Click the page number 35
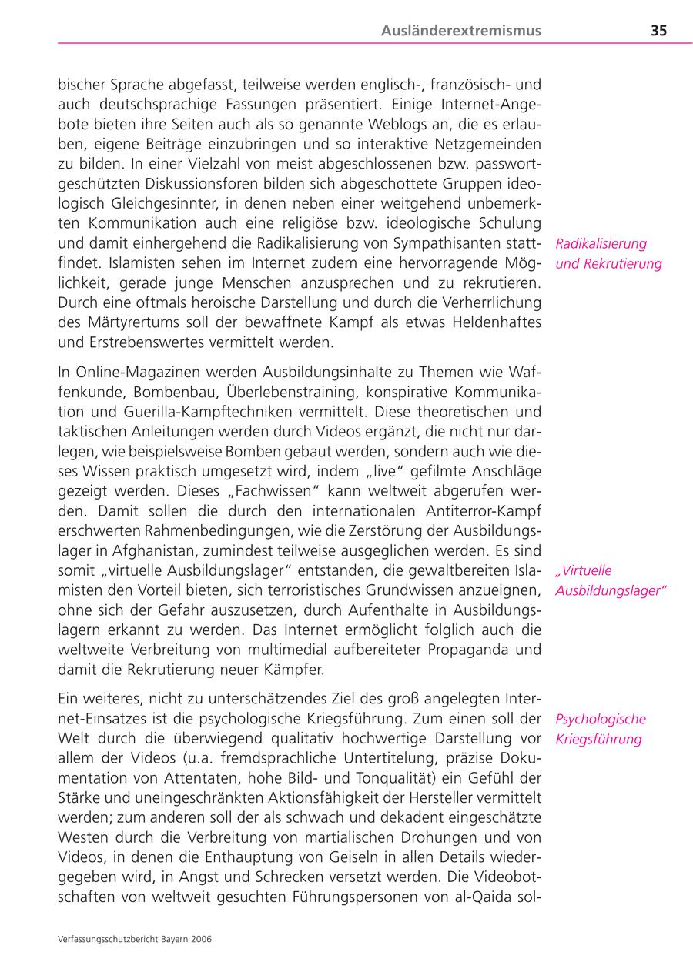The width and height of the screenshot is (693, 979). click(658, 31)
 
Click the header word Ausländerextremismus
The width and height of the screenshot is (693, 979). click(461, 31)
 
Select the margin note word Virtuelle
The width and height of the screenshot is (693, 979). click(585, 570)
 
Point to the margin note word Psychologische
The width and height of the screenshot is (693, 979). click(601, 719)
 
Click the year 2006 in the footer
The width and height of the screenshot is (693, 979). click(202, 939)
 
